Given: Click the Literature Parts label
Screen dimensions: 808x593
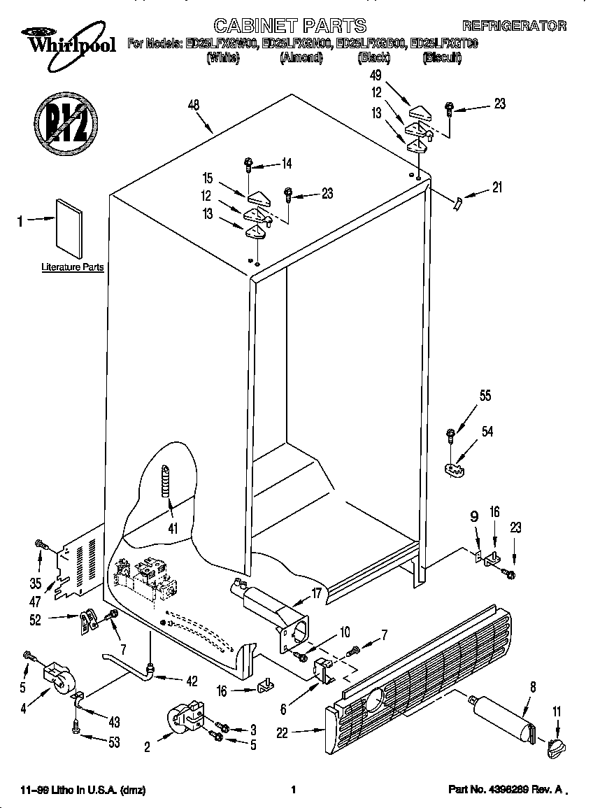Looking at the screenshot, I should [x=72, y=267].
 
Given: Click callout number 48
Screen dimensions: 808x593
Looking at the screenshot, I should [x=194, y=106].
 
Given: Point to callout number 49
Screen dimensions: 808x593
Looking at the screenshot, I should [x=376, y=75].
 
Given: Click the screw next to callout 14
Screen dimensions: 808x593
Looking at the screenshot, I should [x=249, y=165].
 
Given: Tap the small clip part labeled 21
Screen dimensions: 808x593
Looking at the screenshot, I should [x=457, y=202].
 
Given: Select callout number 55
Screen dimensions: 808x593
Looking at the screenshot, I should [x=485, y=396].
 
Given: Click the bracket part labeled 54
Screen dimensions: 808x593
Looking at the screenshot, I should [x=455, y=467].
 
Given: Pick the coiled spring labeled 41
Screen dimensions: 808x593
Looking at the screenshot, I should [x=165, y=481].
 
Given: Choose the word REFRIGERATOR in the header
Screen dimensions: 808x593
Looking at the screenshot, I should [x=514, y=26].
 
